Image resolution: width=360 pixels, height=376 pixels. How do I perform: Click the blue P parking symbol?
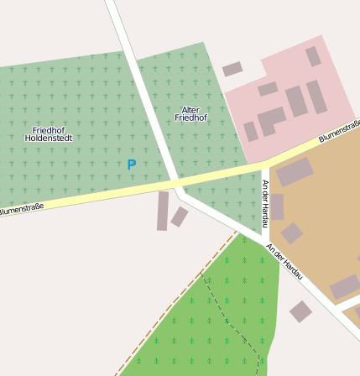coord(131,165)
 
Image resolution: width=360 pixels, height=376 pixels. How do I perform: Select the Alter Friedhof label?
coord(190,114)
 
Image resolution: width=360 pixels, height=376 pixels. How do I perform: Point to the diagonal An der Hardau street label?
coord(284,262)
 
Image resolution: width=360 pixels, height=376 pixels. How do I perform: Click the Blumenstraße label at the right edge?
coord(339,133)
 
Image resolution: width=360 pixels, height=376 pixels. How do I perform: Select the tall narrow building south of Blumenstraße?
coord(162,211)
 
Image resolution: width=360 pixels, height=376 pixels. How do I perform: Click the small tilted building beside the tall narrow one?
coord(180,217)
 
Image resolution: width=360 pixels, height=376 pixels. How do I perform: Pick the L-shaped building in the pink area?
coord(271,120)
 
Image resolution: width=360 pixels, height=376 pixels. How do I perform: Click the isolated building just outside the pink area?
coord(232,69)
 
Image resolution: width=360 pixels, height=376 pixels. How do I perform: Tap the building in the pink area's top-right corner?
coord(313,56)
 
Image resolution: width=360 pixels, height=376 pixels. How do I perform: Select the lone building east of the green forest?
coord(300,311)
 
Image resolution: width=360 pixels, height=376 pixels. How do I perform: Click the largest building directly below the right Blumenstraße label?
coord(295,172)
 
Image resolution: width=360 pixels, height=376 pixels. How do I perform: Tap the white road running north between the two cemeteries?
coord(144,92)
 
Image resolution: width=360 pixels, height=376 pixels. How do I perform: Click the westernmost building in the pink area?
coord(250,132)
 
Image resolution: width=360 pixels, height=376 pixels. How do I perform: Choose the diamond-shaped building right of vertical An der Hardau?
coord(291,232)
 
